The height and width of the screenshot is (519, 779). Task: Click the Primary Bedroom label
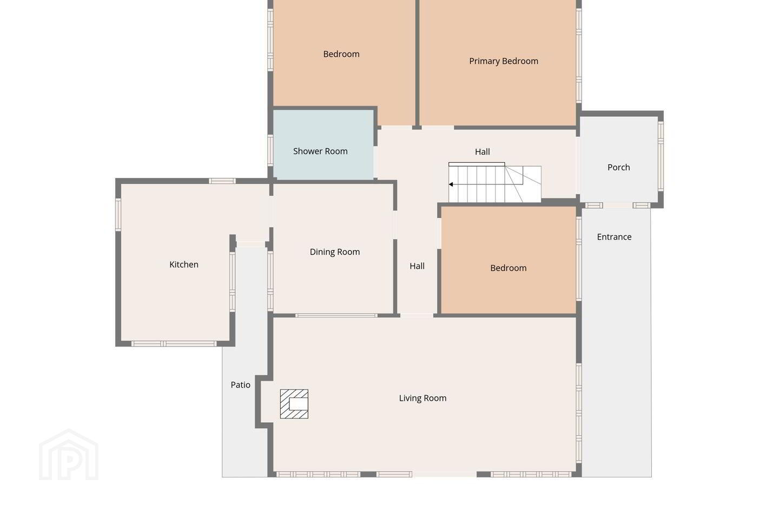[504, 61]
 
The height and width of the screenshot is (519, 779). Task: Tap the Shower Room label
[320, 151]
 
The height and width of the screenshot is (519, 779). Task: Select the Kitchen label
[184, 264]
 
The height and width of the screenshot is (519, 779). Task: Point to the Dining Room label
[335, 252]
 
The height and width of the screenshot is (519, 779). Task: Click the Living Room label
[422, 398]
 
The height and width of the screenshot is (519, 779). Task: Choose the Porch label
[619, 168]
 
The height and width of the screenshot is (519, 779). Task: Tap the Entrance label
[614, 237]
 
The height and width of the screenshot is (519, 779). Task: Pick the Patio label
[241, 385]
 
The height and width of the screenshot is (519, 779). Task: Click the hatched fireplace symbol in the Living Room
[294, 404]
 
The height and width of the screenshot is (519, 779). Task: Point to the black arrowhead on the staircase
[451, 184]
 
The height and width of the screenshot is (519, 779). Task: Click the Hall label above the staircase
[483, 152]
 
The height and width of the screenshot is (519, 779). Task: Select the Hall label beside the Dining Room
[417, 267]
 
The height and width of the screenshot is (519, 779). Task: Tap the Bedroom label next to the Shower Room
[341, 54]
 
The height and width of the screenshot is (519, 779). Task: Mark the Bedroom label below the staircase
[509, 268]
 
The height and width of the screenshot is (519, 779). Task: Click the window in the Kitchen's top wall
[222, 181]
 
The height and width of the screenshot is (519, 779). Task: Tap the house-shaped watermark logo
[69, 455]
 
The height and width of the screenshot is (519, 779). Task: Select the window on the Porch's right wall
[661, 156]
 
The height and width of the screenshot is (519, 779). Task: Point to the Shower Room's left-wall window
[270, 150]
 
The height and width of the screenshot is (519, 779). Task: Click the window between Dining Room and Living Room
[336, 316]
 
